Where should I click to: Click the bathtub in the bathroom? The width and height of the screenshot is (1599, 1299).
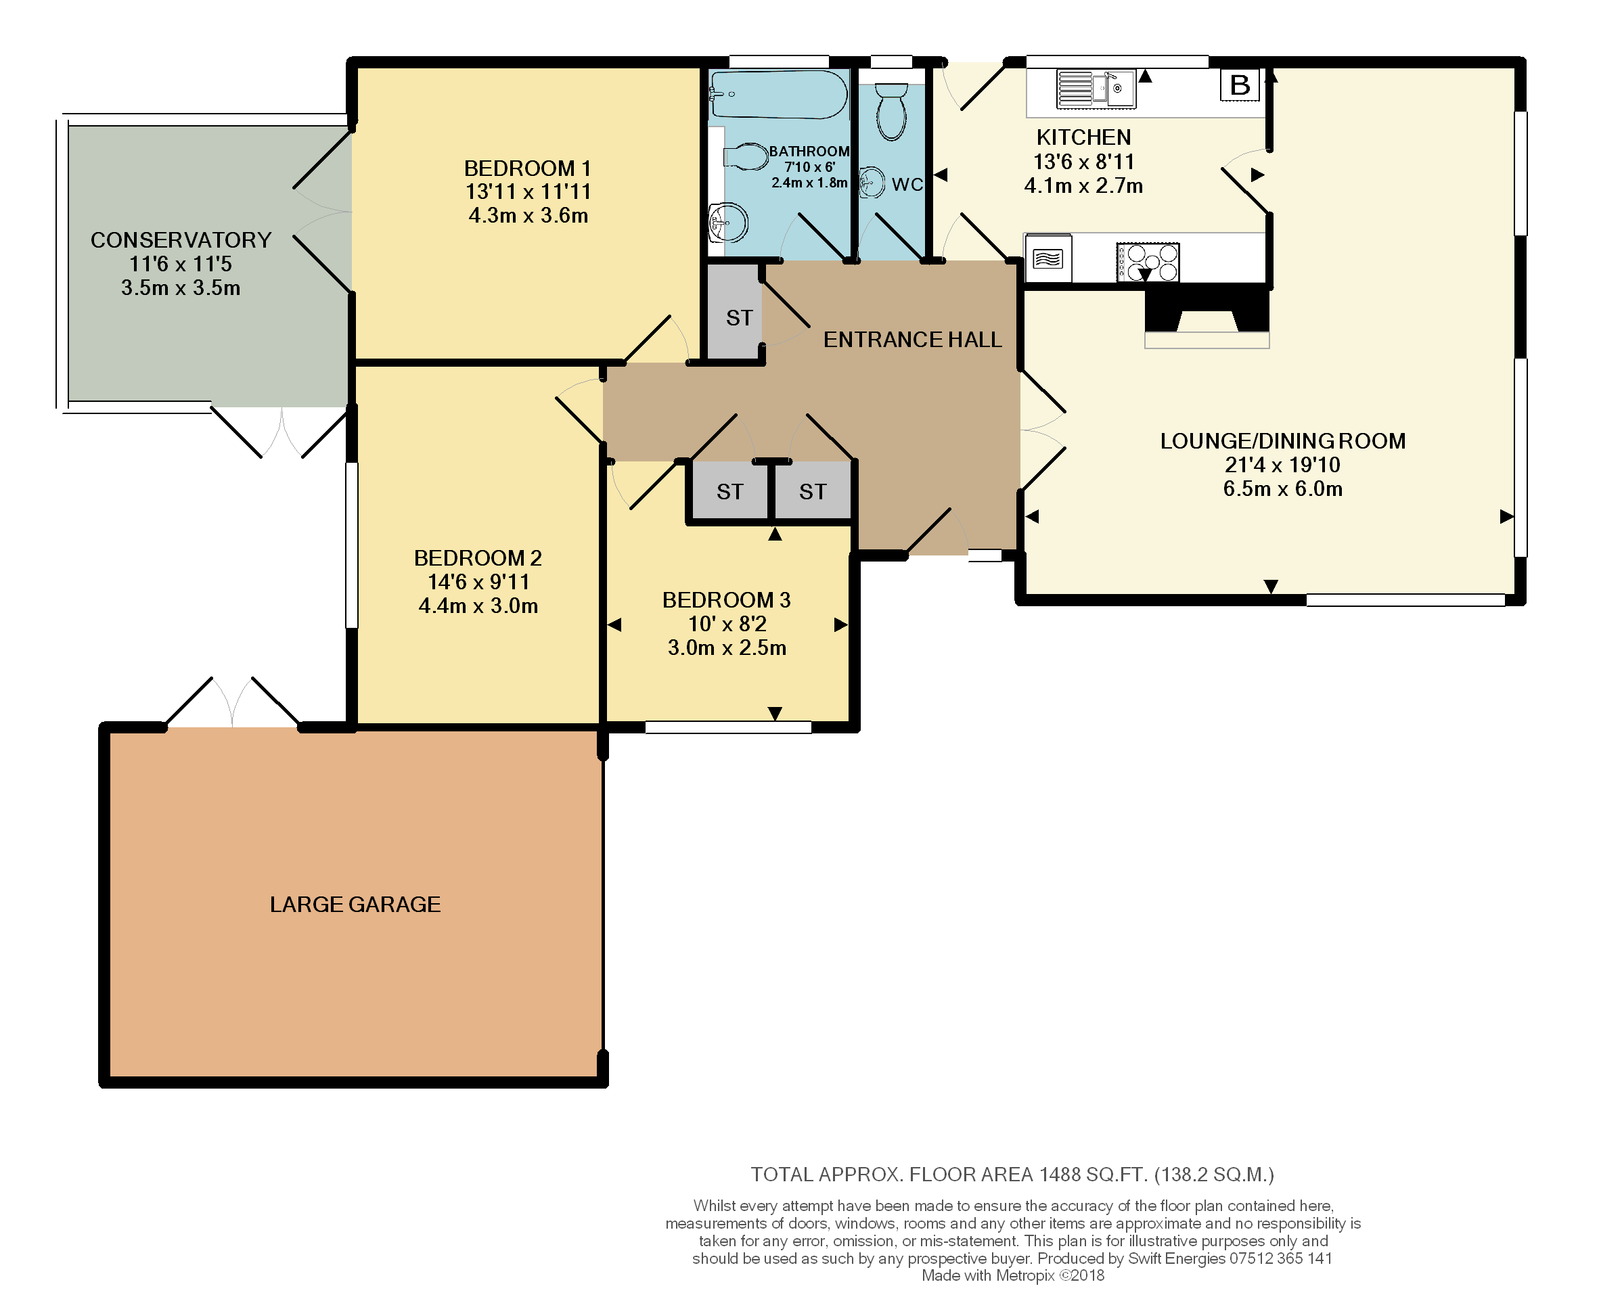pyautogui.click(x=778, y=94)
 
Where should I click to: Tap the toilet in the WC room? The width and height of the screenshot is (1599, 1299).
pyautogui.click(x=891, y=112)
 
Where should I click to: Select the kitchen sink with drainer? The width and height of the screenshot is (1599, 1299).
pyautogui.click(x=1096, y=89)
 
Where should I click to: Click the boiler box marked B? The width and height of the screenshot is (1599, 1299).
pyautogui.click(x=1240, y=85)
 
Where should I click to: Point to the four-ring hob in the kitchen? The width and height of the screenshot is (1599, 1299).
pyautogui.click(x=1148, y=262)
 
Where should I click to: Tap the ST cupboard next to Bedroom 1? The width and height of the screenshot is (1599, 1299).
pyautogui.click(x=735, y=311)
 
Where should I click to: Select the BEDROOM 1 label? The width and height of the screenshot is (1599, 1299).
pyautogui.click(x=528, y=168)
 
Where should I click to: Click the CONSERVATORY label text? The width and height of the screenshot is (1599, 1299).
pyautogui.click(x=181, y=240)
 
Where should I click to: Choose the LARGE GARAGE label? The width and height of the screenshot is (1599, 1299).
pyautogui.click(x=355, y=905)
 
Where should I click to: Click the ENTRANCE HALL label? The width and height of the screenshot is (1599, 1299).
pyautogui.click(x=913, y=340)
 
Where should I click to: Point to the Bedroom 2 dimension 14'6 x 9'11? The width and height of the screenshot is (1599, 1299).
pyautogui.click(x=479, y=582)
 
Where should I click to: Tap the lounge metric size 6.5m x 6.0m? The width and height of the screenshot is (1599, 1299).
pyautogui.click(x=1282, y=489)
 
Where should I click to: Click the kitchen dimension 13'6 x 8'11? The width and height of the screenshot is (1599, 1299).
pyautogui.click(x=1084, y=162)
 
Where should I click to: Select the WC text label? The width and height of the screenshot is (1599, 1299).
pyautogui.click(x=907, y=184)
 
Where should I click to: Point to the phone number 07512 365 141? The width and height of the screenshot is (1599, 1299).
pyautogui.click(x=1281, y=1258)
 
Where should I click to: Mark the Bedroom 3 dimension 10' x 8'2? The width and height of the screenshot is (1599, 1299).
pyautogui.click(x=727, y=624)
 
